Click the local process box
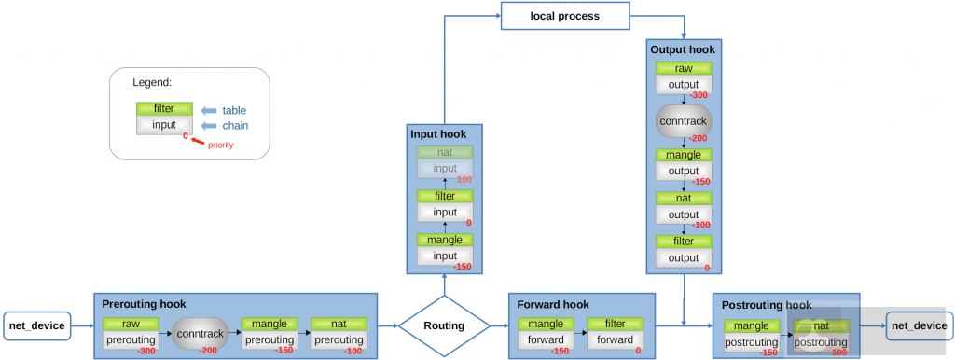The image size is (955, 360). (x=564, y=16)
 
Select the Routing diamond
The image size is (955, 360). (x=444, y=326)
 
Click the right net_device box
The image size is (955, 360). (x=919, y=325)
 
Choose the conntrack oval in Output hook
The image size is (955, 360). (x=684, y=121)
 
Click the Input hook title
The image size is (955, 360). (x=438, y=134)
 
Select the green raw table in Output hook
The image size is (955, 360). (x=684, y=69)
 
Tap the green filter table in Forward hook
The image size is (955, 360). (x=616, y=325)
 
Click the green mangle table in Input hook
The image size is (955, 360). (x=445, y=241)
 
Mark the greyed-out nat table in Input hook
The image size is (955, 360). (x=445, y=152)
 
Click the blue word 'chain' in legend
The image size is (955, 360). (x=235, y=125)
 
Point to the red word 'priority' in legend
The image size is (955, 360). (x=220, y=145)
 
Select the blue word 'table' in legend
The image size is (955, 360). (x=234, y=110)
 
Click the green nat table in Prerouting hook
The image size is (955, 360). (x=339, y=325)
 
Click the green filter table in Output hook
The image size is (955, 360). (x=684, y=242)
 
